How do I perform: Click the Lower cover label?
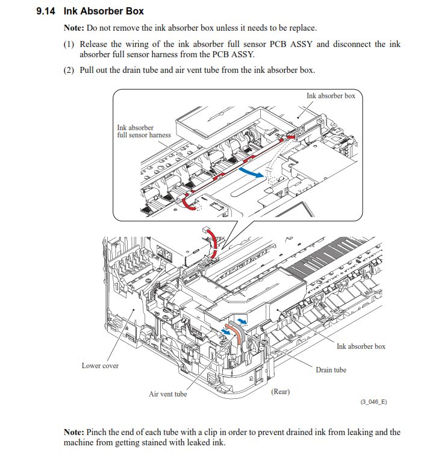coord(100,366)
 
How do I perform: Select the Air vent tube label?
coord(167,394)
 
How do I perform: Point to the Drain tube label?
coord(331,369)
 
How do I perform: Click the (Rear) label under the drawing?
coord(280,392)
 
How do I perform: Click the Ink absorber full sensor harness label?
coord(143,131)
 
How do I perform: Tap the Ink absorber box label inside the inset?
coord(331,96)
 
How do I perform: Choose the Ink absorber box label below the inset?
coord(361,346)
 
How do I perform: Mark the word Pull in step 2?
coord(87,70)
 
